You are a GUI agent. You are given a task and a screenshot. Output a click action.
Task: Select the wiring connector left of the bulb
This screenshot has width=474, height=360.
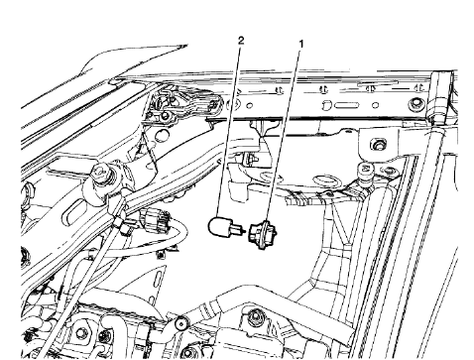click(154, 218)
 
